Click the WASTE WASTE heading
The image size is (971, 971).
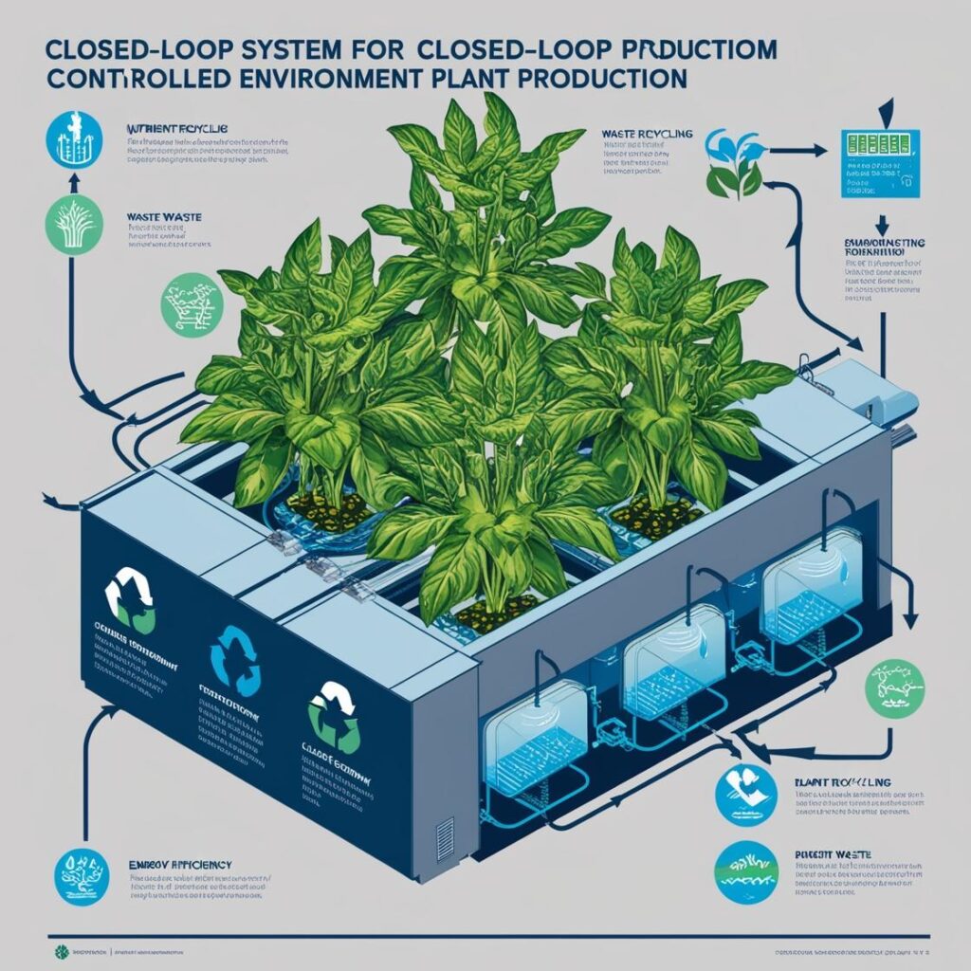click(156, 216)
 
